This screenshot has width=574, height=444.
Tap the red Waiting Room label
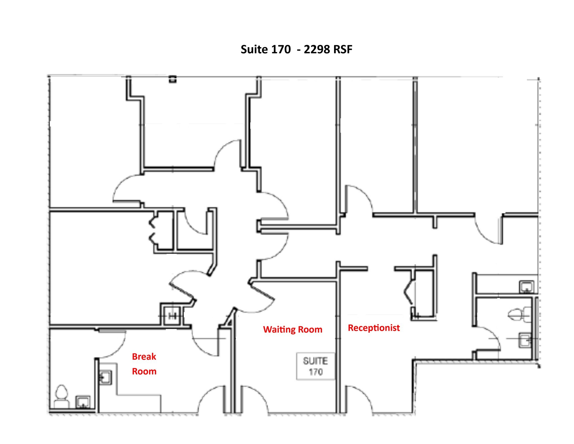click(x=293, y=329)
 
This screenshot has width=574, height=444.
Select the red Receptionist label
click(x=374, y=328)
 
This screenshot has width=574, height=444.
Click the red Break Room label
click(x=144, y=364)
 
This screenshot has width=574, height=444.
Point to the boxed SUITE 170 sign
click(x=316, y=366)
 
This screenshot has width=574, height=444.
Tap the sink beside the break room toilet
click(x=83, y=402)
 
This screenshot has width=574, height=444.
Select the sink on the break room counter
click(x=105, y=378)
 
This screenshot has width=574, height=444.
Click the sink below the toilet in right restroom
click(x=525, y=340)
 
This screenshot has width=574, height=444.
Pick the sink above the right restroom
click(x=526, y=287)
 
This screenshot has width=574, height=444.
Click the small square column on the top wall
click(x=173, y=79)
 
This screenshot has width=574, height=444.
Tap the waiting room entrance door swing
click(x=254, y=398)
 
